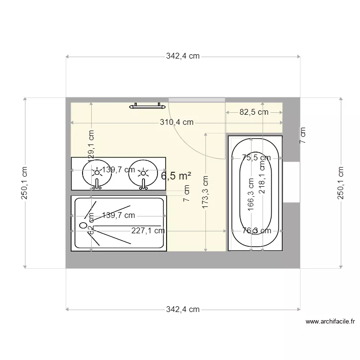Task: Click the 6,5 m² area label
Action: pyautogui.click(x=176, y=176)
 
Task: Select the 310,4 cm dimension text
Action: pyautogui.click(x=177, y=122)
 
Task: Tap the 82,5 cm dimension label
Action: pyautogui.click(x=254, y=112)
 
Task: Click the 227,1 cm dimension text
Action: pyautogui.click(x=148, y=231)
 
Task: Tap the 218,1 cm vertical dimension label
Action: pyautogui.click(x=262, y=177)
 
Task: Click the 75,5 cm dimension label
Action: pyautogui.click(x=256, y=157)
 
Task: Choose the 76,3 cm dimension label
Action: pyautogui.click(x=256, y=231)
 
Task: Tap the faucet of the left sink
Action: pyautogui.click(x=97, y=183)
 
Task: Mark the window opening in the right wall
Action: pyautogui.click(x=291, y=182)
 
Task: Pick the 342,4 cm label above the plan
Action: pyautogui.click(x=183, y=56)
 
